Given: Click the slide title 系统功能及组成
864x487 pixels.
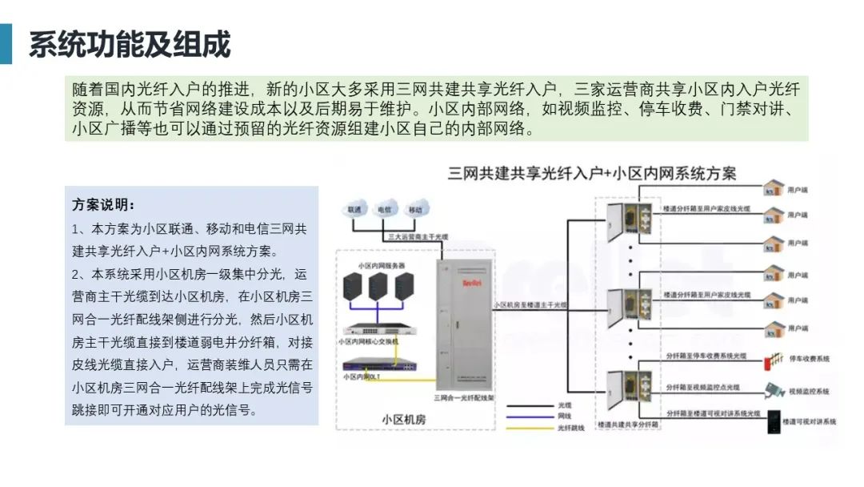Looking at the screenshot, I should tap(130, 45).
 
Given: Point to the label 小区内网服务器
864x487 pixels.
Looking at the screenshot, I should tap(382, 265).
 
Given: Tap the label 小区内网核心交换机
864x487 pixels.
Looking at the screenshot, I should tap(369, 340).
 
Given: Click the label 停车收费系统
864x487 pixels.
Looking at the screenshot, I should tap(810, 360).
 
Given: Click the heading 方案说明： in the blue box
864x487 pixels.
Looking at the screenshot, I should tap(103, 205).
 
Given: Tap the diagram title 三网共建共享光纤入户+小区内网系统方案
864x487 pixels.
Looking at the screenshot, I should tap(592, 173).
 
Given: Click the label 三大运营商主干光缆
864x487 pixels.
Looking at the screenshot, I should tap(418, 237).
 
